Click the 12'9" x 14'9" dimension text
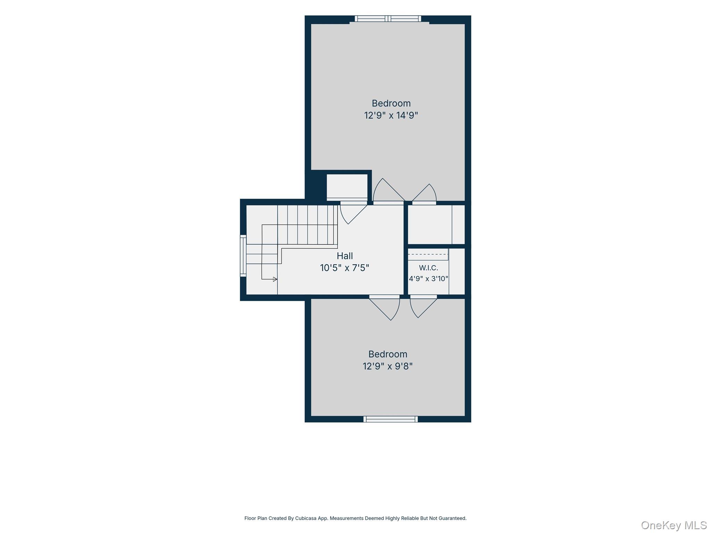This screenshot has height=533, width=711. pyautogui.click(x=391, y=115)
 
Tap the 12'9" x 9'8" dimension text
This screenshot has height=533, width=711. pyautogui.click(x=388, y=366)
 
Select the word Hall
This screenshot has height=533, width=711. pyautogui.click(x=345, y=256)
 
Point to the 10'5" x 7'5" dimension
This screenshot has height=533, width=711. pyautogui.click(x=344, y=268)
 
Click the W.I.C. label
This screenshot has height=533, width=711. pyautogui.click(x=428, y=268)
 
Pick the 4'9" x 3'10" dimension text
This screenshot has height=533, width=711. pyautogui.click(x=428, y=279)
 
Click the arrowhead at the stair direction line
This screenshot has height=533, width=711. pyautogui.click(x=275, y=279)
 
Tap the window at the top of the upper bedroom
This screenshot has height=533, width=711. pyautogui.click(x=388, y=19)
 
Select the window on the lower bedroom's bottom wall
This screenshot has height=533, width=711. pyautogui.click(x=391, y=419)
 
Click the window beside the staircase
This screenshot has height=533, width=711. pyautogui.click(x=243, y=256)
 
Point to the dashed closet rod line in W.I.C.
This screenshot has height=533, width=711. pyautogui.click(x=428, y=254)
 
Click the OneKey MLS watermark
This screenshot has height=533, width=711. pyautogui.click(x=674, y=525)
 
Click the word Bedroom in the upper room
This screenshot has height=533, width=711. pyautogui.click(x=391, y=103)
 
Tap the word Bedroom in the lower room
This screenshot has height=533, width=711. pyautogui.click(x=388, y=354)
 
